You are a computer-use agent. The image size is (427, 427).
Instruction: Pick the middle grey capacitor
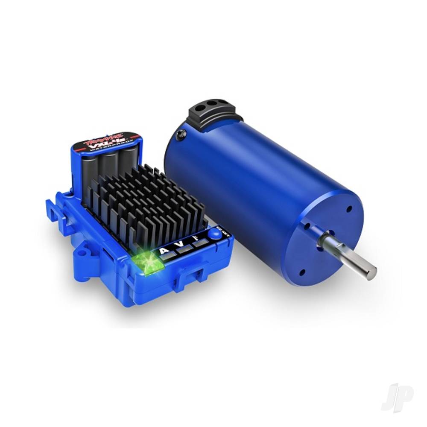coord(109,169)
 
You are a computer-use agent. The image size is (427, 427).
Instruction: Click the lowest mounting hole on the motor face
coord(302,272)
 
